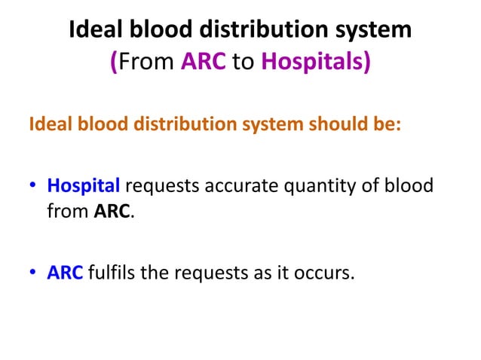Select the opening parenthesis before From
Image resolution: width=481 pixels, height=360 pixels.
pyautogui.click(x=114, y=62)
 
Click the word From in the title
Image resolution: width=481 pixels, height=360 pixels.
pyautogui.click(x=146, y=62)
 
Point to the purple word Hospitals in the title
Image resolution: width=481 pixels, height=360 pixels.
pyautogui.click(x=312, y=62)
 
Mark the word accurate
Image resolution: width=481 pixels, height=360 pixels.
pyautogui.click(x=231, y=185)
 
